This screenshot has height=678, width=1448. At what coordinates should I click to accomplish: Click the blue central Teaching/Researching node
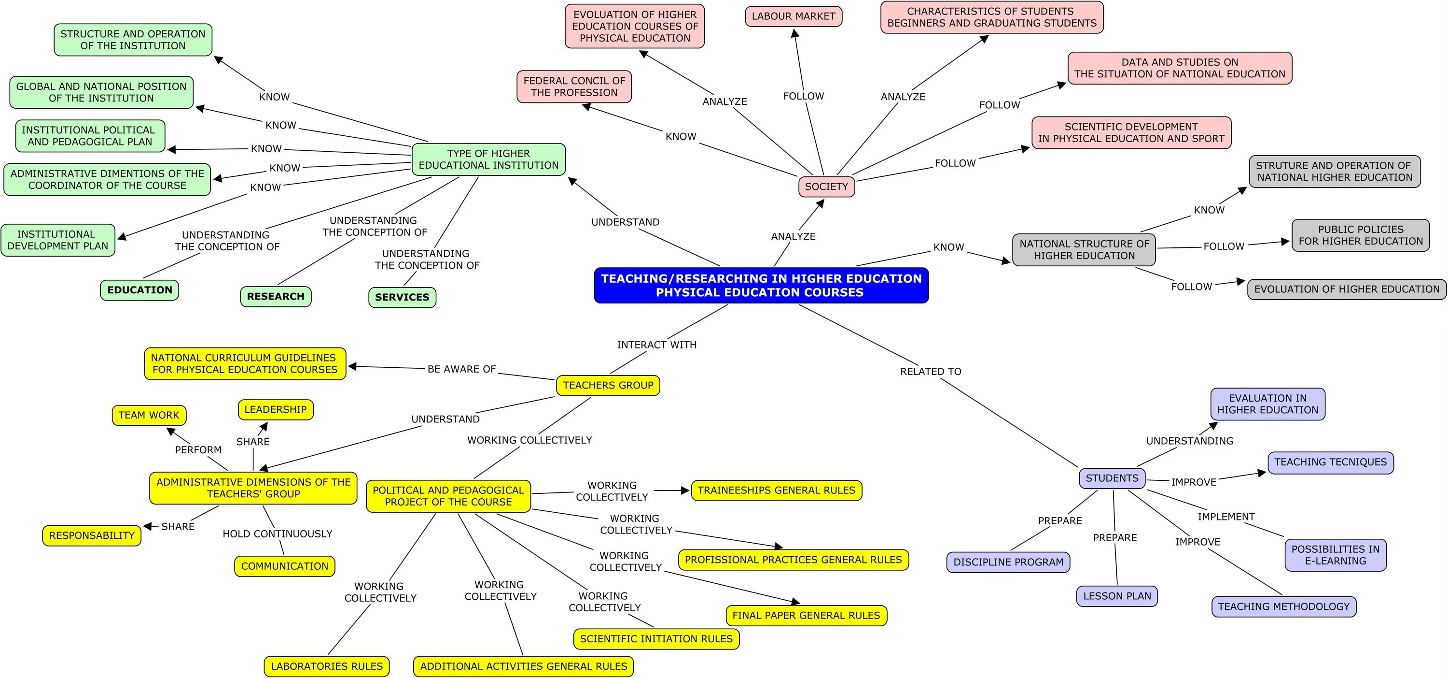point(761,285)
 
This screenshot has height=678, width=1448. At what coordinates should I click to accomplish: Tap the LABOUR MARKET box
point(793,16)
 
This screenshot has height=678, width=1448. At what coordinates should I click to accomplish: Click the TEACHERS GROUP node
point(608,386)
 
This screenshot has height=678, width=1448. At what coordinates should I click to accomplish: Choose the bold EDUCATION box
point(139,290)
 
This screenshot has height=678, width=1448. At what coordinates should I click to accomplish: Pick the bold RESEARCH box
point(276,297)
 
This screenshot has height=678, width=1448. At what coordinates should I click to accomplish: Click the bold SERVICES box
point(402,297)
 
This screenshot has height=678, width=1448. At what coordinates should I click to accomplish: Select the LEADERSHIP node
point(276,410)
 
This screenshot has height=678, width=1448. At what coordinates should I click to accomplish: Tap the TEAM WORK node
point(149,415)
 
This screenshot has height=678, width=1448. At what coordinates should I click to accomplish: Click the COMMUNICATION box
point(284,566)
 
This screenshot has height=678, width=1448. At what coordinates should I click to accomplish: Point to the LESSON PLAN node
point(1117,596)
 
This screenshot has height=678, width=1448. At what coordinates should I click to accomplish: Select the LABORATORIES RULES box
point(327,667)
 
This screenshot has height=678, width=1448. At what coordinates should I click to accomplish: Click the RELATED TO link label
point(930,371)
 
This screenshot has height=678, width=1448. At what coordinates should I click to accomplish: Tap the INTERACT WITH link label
point(656,345)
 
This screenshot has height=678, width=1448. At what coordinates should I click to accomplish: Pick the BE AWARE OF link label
point(461,369)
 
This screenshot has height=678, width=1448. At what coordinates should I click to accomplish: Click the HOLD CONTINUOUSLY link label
point(277,534)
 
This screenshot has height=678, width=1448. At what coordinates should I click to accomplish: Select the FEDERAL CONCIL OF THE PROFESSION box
point(574,87)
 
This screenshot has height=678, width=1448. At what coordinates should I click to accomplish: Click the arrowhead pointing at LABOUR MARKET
point(795,33)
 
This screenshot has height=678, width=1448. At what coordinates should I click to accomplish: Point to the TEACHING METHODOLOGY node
point(1283,606)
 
